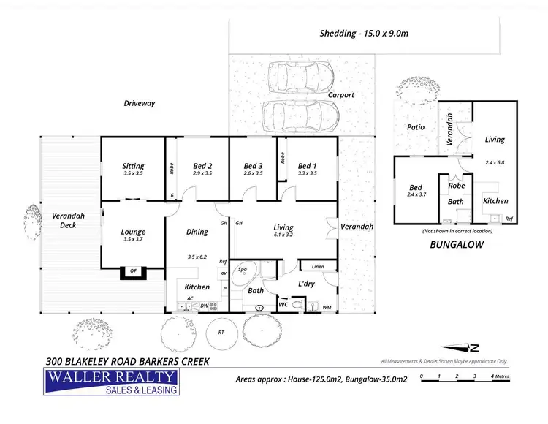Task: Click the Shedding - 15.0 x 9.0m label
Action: click(x=363, y=33)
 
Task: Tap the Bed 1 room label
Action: click(x=307, y=166)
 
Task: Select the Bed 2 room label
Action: click(x=202, y=166)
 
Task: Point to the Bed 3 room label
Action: click(x=254, y=166)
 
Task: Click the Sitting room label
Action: click(x=133, y=166)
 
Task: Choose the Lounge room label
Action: click(x=133, y=232)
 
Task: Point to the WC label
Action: click(x=283, y=303)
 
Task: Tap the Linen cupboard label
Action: click(x=318, y=266)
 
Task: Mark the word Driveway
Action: click(x=140, y=104)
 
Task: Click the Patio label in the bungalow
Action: click(x=416, y=127)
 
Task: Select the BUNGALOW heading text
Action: click(x=456, y=246)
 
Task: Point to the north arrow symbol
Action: click(x=464, y=348)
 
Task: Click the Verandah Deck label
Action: click(x=65, y=220)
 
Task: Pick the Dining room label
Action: click(x=197, y=232)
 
